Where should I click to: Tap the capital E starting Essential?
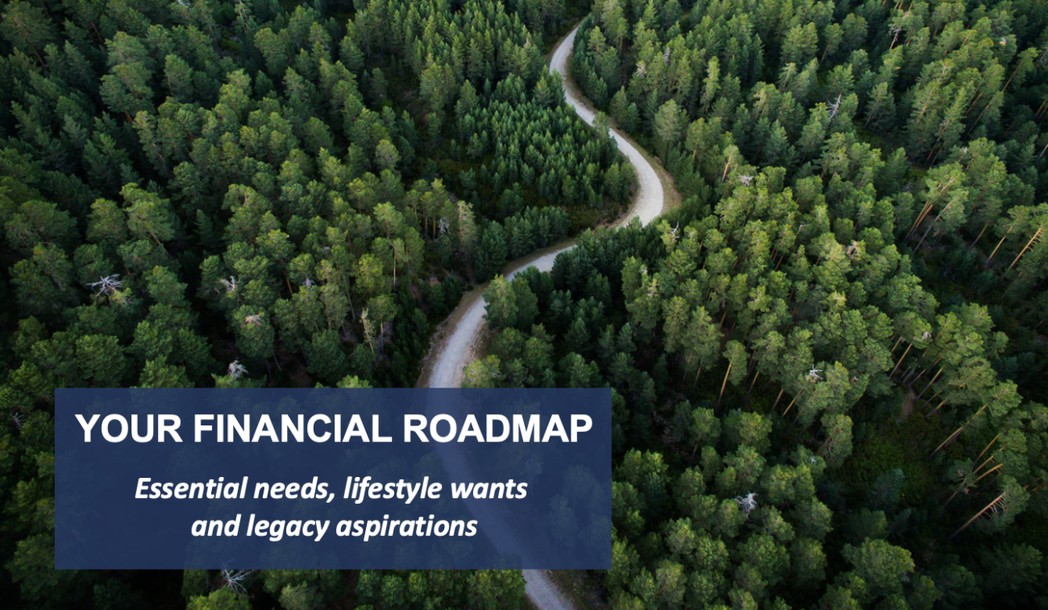[142, 488]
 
